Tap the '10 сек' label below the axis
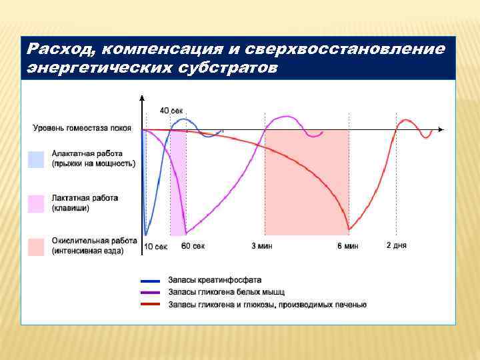pos(156,246)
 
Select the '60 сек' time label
pos(193,246)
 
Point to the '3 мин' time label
pos(261,246)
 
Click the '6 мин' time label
pos(347,246)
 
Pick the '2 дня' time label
pos(396,245)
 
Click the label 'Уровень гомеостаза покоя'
pos(82,128)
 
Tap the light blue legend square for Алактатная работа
pos(36,159)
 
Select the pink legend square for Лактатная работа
pos(36,203)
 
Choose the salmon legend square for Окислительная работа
pos(36,246)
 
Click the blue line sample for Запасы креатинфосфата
pos(151,281)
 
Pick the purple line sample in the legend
pos(151,293)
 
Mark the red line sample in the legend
pos(151,305)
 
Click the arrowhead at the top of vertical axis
pos(142,97)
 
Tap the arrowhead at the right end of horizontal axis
pos(441,129)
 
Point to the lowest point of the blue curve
pos(147,234)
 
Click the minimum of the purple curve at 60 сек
pos(186,233)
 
